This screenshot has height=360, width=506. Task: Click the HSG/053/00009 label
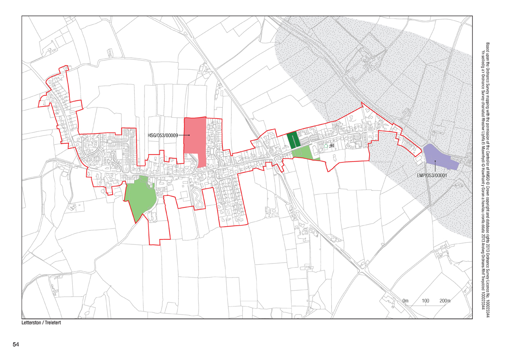point(162,136)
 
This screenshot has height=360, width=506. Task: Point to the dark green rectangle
point(292,139)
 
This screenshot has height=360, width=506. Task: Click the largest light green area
point(140,196)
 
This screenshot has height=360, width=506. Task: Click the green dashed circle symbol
point(326,146)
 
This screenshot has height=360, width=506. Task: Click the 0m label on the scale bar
point(405,301)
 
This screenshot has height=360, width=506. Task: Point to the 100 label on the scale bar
point(426,301)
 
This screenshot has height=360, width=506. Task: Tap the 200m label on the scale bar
point(445,301)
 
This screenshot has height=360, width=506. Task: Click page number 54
point(16,344)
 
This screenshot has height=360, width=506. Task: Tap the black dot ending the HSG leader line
point(189,136)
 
